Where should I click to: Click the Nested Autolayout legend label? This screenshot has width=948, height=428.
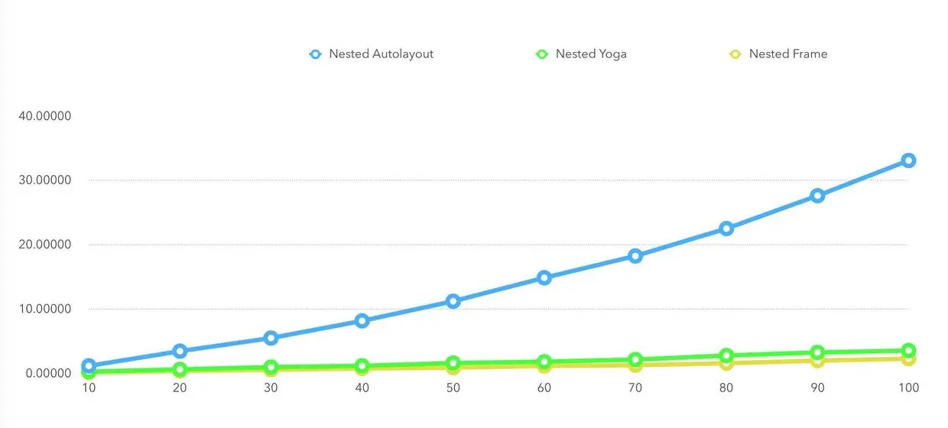pyautogui.click(x=381, y=54)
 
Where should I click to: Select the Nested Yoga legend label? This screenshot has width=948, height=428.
pyautogui.click(x=591, y=54)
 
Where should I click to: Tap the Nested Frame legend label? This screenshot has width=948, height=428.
pyautogui.click(x=787, y=54)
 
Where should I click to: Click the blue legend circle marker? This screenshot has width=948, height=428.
pyautogui.click(x=315, y=54)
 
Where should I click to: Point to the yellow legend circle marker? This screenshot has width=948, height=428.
pyautogui.click(x=735, y=54)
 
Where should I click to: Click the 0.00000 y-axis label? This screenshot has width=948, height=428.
pyautogui.click(x=47, y=373)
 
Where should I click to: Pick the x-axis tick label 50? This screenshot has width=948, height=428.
pyautogui.click(x=453, y=388)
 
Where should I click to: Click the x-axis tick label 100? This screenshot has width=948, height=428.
pyautogui.click(x=908, y=388)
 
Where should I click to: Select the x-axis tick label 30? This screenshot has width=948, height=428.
pyautogui.click(x=271, y=388)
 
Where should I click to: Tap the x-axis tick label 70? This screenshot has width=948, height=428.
pyautogui.click(x=635, y=388)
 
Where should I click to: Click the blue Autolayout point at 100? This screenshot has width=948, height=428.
pyautogui.click(x=908, y=160)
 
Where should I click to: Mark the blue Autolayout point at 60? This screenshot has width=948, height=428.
pyautogui.click(x=544, y=277)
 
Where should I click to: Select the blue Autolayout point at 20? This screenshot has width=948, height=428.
pyautogui.click(x=180, y=351)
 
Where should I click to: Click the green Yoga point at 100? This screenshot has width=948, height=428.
pyautogui.click(x=908, y=351)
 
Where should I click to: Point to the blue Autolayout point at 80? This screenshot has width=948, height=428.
pyautogui.click(x=726, y=229)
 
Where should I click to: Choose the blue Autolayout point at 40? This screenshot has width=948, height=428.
pyautogui.click(x=362, y=321)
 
